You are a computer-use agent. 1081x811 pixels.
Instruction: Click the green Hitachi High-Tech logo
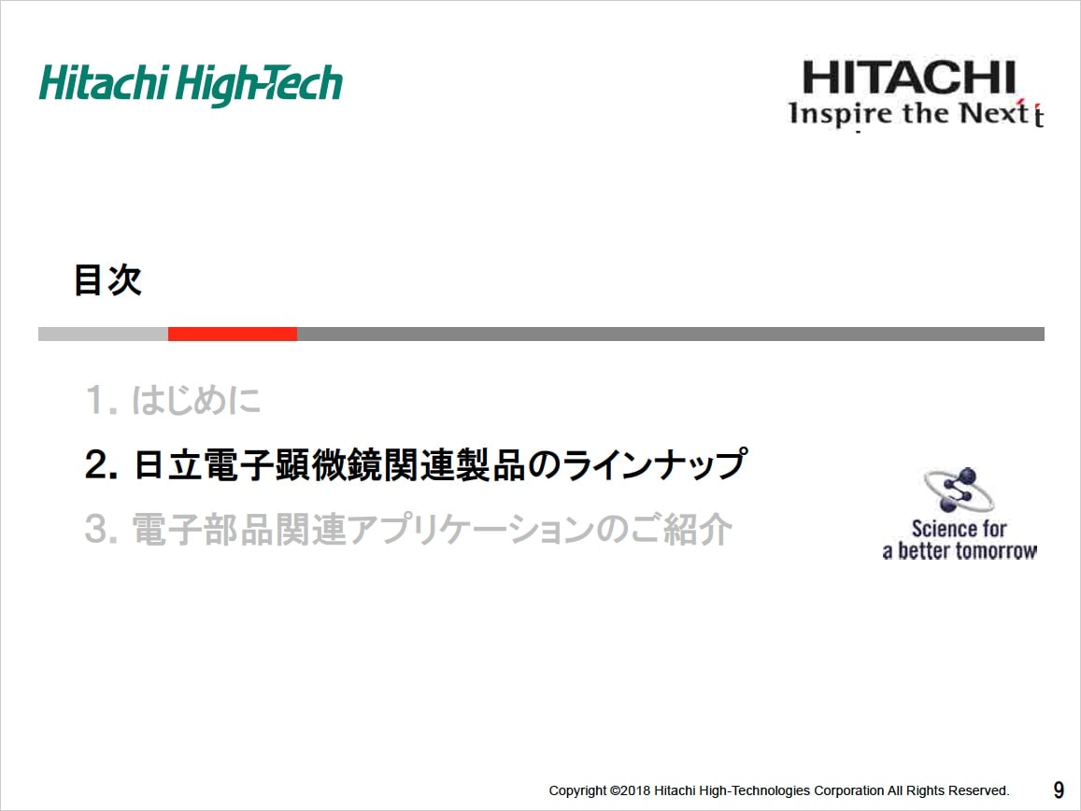(191, 85)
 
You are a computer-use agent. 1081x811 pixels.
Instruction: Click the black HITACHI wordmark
(909, 78)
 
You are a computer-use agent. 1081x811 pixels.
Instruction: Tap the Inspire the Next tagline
(916, 113)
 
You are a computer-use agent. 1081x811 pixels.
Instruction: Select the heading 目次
(107, 280)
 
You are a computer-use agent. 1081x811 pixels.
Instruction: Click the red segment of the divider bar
(233, 334)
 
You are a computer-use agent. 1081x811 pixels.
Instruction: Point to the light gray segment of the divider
(104, 334)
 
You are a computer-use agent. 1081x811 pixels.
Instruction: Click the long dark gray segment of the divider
(671, 334)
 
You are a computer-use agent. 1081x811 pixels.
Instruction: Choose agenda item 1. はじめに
(173, 400)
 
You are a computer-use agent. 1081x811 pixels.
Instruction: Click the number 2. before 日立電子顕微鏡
(101, 464)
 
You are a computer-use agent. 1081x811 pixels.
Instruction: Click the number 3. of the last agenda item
(101, 530)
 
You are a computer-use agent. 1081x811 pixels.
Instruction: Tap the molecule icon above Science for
(959, 490)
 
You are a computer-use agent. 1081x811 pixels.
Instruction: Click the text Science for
(959, 529)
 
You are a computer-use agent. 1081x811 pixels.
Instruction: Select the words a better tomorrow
(960, 551)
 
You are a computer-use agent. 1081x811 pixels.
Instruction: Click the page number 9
(1059, 790)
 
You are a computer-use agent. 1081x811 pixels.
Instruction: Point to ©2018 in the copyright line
(630, 790)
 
